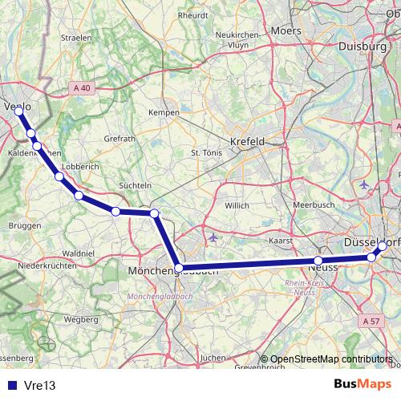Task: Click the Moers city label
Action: [286, 30]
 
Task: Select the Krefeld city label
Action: [247, 141]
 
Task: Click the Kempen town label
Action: [163, 112]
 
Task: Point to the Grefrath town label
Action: [119, 138]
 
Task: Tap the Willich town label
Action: [237, 205]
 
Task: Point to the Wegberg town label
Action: [80, 318]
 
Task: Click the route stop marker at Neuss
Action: [318, 261]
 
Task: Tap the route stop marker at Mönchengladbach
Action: [180, 269]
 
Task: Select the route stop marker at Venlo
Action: [18, 111]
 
